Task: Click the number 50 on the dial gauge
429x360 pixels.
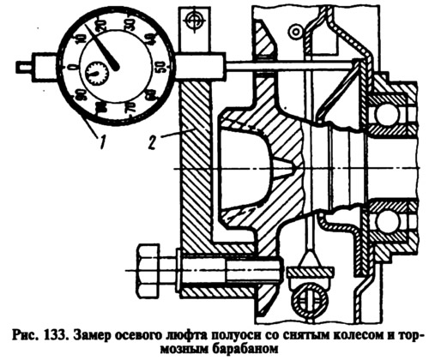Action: coord(161,68)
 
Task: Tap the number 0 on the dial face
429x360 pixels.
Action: coord(74,67)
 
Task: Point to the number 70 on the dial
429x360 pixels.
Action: coord(130,109)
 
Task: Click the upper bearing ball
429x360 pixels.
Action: coord(386,115)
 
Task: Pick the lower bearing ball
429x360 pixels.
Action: coord(386,222)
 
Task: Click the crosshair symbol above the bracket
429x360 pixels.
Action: coord(195,20)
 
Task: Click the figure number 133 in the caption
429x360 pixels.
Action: coord(52,334)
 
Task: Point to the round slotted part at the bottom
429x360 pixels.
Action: coord(308,302)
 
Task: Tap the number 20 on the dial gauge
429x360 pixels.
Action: coord(100,27)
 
